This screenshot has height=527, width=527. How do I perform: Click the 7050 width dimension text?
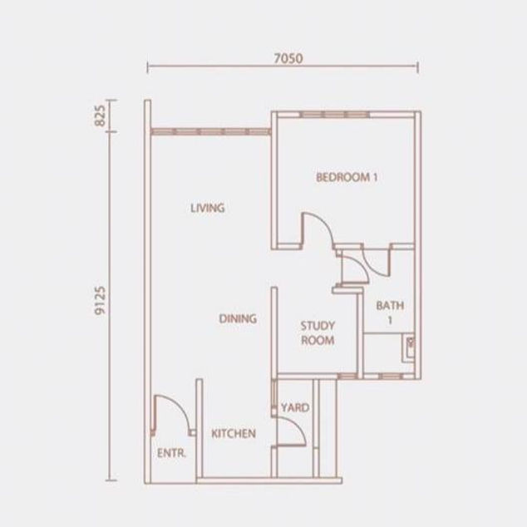pos(288,58)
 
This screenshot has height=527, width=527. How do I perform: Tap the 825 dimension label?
pos(100,116)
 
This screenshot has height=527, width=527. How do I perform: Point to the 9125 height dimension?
pos(100,300)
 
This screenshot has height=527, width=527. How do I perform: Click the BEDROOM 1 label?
pos(347,177)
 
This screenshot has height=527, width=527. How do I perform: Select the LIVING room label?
pos(207,208)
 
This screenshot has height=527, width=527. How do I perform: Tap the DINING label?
pos(238,318)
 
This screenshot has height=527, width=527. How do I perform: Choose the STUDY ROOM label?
pos(318,333)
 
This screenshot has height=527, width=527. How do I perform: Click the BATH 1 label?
pos(390,313)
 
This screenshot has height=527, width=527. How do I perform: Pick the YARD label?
pos(295,407)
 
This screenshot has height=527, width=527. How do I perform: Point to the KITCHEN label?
pos(234,434)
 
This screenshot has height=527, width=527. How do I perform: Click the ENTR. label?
pos(171,453)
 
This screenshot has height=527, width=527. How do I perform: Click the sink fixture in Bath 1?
pos(409,348)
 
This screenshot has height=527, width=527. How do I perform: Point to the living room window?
pos(211,131)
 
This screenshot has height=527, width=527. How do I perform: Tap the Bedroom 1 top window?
pos(335,115)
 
